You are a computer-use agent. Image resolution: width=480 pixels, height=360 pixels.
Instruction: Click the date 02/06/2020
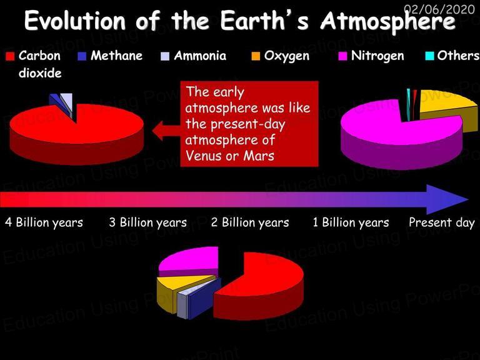[x=439, y=9]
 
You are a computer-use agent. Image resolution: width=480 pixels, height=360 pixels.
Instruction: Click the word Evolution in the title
[x=75, y=20]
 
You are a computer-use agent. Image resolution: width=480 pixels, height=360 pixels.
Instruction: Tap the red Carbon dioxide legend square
[x=10, y=56]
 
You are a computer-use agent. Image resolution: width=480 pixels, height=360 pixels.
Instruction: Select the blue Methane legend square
[x=82, y=56]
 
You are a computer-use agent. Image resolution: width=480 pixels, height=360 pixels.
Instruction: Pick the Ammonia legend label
[x=200, y=56]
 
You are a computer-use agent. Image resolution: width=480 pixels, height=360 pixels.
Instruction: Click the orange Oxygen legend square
[x=256, y=56]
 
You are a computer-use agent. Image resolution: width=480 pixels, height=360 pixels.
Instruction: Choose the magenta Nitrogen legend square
[x=343, y=56]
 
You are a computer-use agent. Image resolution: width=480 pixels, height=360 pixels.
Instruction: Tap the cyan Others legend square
[x=430, y=56]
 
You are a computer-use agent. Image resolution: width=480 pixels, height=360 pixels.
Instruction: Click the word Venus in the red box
[x=203, y=156]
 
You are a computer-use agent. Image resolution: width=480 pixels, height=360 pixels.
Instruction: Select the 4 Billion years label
[x=44, y=222]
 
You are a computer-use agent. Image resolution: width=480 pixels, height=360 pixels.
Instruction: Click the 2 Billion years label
[x=250, y=222]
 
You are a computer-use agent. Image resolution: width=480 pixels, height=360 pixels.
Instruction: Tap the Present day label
[x=442, y=222]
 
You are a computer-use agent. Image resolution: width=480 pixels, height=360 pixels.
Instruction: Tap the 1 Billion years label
[x=351, y=222]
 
